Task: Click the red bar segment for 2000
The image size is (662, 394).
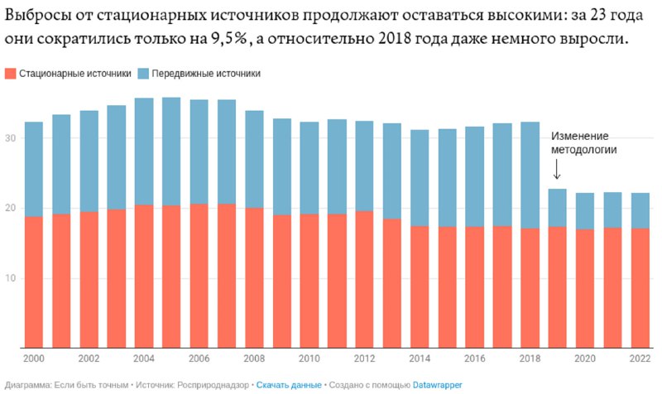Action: pos(34,281)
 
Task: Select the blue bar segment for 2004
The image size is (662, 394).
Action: pos(143,151)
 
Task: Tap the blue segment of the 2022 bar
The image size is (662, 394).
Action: pos(639,210)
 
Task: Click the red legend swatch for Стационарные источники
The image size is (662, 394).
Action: pos(11,74)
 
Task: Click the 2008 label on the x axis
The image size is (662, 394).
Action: pos(254,359)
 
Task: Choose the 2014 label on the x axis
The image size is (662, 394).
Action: pos(419,359)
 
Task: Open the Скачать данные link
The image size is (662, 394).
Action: pos(289,385)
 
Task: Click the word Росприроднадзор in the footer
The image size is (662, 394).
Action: pos(211,385)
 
